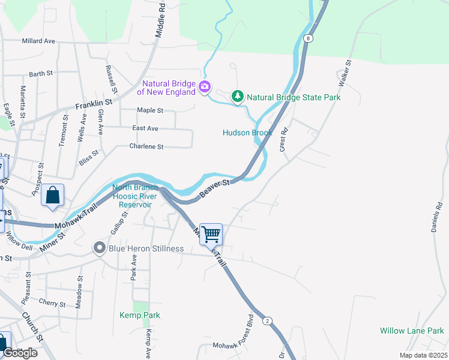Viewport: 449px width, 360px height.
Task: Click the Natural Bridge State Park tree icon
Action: [238, 97]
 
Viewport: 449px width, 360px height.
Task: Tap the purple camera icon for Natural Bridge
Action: [205, 88]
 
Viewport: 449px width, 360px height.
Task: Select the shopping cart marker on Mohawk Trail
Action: [211, 233]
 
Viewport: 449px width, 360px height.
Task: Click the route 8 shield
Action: [308, 38]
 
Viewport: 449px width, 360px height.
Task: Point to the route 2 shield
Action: [267, 321]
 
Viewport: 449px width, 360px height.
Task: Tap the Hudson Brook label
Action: [247, 133]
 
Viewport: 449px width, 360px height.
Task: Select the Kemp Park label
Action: [140, 315]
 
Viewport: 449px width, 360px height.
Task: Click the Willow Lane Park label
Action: [411, 331]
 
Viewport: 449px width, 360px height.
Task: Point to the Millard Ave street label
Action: [38, 41]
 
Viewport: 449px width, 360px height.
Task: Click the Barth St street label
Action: [41, 74]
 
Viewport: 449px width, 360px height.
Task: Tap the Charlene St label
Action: [146, 146]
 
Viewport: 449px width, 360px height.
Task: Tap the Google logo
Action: [19, 353]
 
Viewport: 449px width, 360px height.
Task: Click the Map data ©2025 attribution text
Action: [423, 355]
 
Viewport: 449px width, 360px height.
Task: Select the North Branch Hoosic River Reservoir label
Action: [135, 196]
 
